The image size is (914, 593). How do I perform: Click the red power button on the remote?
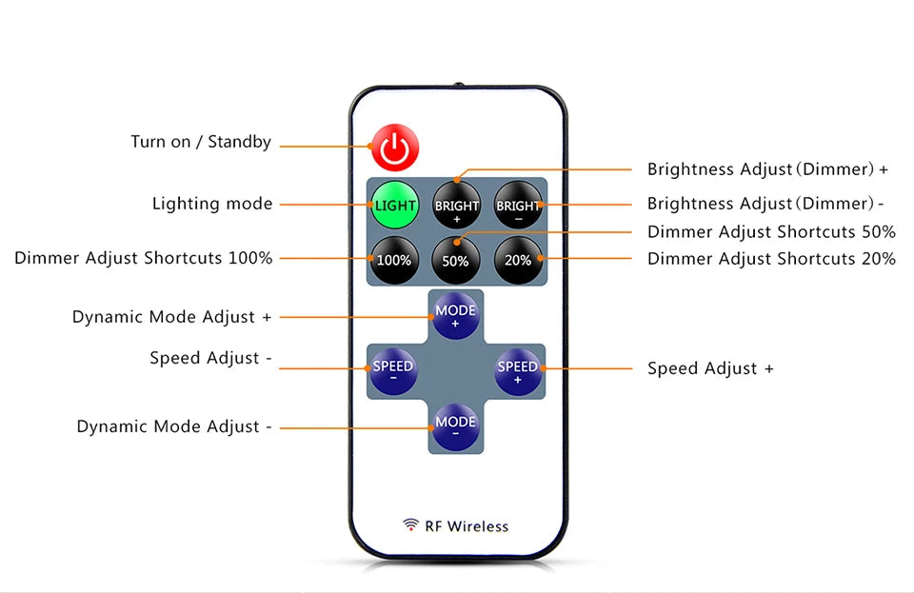point(395,148)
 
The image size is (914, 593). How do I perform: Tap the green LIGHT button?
point(394,205)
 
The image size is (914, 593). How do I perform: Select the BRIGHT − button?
point(518,205)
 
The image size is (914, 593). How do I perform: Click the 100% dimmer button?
point(394,259)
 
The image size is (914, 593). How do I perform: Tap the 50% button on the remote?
point(456,259)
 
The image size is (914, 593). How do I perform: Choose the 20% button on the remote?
point(518,259)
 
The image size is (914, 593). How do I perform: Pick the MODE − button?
point(456,425)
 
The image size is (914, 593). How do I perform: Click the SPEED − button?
point(393,371)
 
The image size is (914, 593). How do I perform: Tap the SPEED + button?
point(518,371)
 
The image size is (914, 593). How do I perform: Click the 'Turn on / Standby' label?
point(201,142)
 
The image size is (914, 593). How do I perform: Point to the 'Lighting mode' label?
point(212,204)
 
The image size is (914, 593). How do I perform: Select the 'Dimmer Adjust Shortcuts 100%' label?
point(143,258)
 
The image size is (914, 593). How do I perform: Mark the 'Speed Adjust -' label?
point(210,358)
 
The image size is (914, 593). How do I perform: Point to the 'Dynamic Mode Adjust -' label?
point(174,426)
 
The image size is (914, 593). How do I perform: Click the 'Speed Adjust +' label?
point(710,368)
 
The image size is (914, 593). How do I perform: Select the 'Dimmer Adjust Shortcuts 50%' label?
point(771,231)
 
